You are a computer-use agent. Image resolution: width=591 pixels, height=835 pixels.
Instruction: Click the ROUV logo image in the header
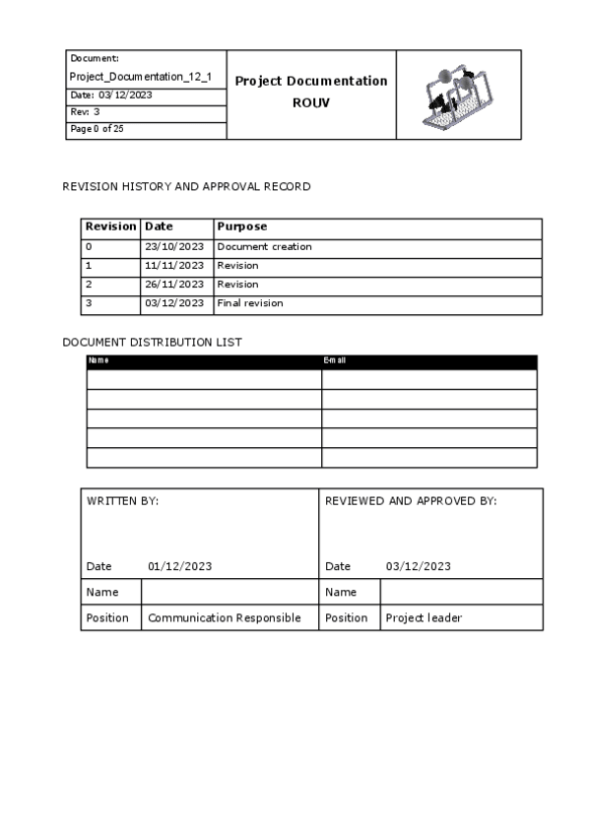[458, 96]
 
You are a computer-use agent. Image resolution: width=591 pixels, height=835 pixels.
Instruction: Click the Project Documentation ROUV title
[311, 92]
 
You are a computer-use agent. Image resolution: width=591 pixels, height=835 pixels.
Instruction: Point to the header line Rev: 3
[86, 112]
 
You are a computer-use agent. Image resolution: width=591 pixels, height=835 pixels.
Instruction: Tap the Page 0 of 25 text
[97, 129]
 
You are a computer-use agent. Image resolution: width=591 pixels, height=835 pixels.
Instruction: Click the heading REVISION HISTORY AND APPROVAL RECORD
[186, 186]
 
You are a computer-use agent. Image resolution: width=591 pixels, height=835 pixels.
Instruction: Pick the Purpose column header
[242, 226]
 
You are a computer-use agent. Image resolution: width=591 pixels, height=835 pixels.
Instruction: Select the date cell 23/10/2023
[174, 246]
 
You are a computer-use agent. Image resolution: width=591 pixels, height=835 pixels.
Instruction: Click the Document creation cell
[264, 246]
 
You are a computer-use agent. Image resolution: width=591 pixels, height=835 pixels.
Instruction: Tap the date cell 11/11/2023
[174, 266]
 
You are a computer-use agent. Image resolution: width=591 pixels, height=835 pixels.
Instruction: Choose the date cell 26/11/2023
[174, 285]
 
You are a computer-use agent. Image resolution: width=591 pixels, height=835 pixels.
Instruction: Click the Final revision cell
[250, 303]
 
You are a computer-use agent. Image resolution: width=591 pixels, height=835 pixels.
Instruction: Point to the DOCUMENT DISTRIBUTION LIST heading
[153, 342]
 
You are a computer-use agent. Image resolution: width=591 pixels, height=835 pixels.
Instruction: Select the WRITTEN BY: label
[123, 501]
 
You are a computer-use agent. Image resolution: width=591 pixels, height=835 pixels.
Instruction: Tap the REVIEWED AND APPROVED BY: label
[411, 501]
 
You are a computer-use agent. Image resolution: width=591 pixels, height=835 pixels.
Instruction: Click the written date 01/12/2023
[179, 566]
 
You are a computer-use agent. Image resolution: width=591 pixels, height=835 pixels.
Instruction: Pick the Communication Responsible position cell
[225, 618]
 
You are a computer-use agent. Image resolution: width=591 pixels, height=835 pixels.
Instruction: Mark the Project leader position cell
[424, 618]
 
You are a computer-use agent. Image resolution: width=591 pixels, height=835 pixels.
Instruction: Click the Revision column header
[110, 226]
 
